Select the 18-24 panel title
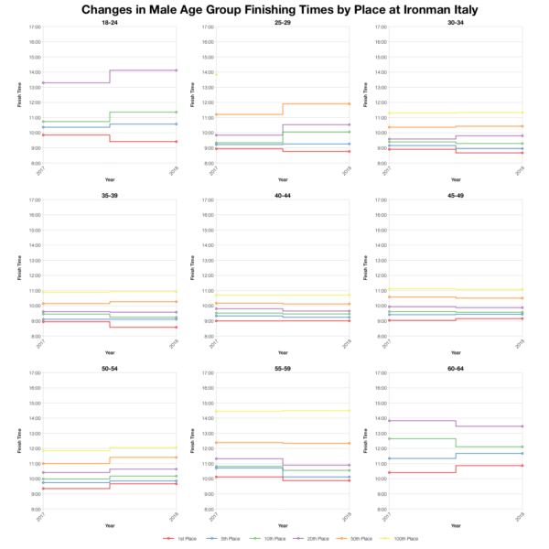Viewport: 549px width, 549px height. pyautogui.click(x=110, y=21)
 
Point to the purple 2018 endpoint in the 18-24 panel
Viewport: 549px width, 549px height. pyautogui.click(x=177, y=70)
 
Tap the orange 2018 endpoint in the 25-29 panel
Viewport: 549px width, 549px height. pyautogui.click(x=350, y=103)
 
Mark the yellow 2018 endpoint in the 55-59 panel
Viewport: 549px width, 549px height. pyautogui.click(x=350, y=410)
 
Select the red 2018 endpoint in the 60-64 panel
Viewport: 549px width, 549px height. pyautogui.click(x=522, y=466)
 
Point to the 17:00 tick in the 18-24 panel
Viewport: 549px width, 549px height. pyautogui.click(x=33, y=27)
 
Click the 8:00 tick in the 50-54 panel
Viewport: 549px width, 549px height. pyautogui.click(x=33, y=509)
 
